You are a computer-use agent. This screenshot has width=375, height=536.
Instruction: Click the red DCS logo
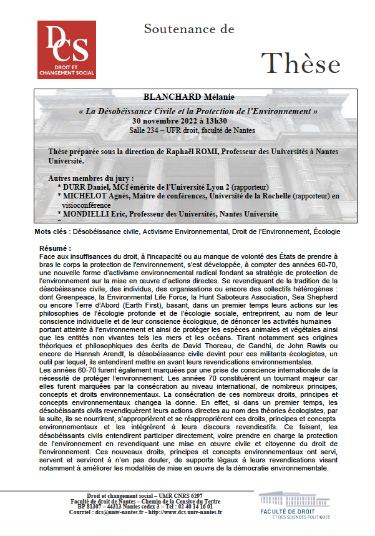coord(67,49)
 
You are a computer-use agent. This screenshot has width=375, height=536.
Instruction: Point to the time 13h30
coord(214,120)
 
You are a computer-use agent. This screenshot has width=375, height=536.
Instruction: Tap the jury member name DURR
coord(77,187)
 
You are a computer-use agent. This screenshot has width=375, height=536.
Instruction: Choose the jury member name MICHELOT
coord(87,196)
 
